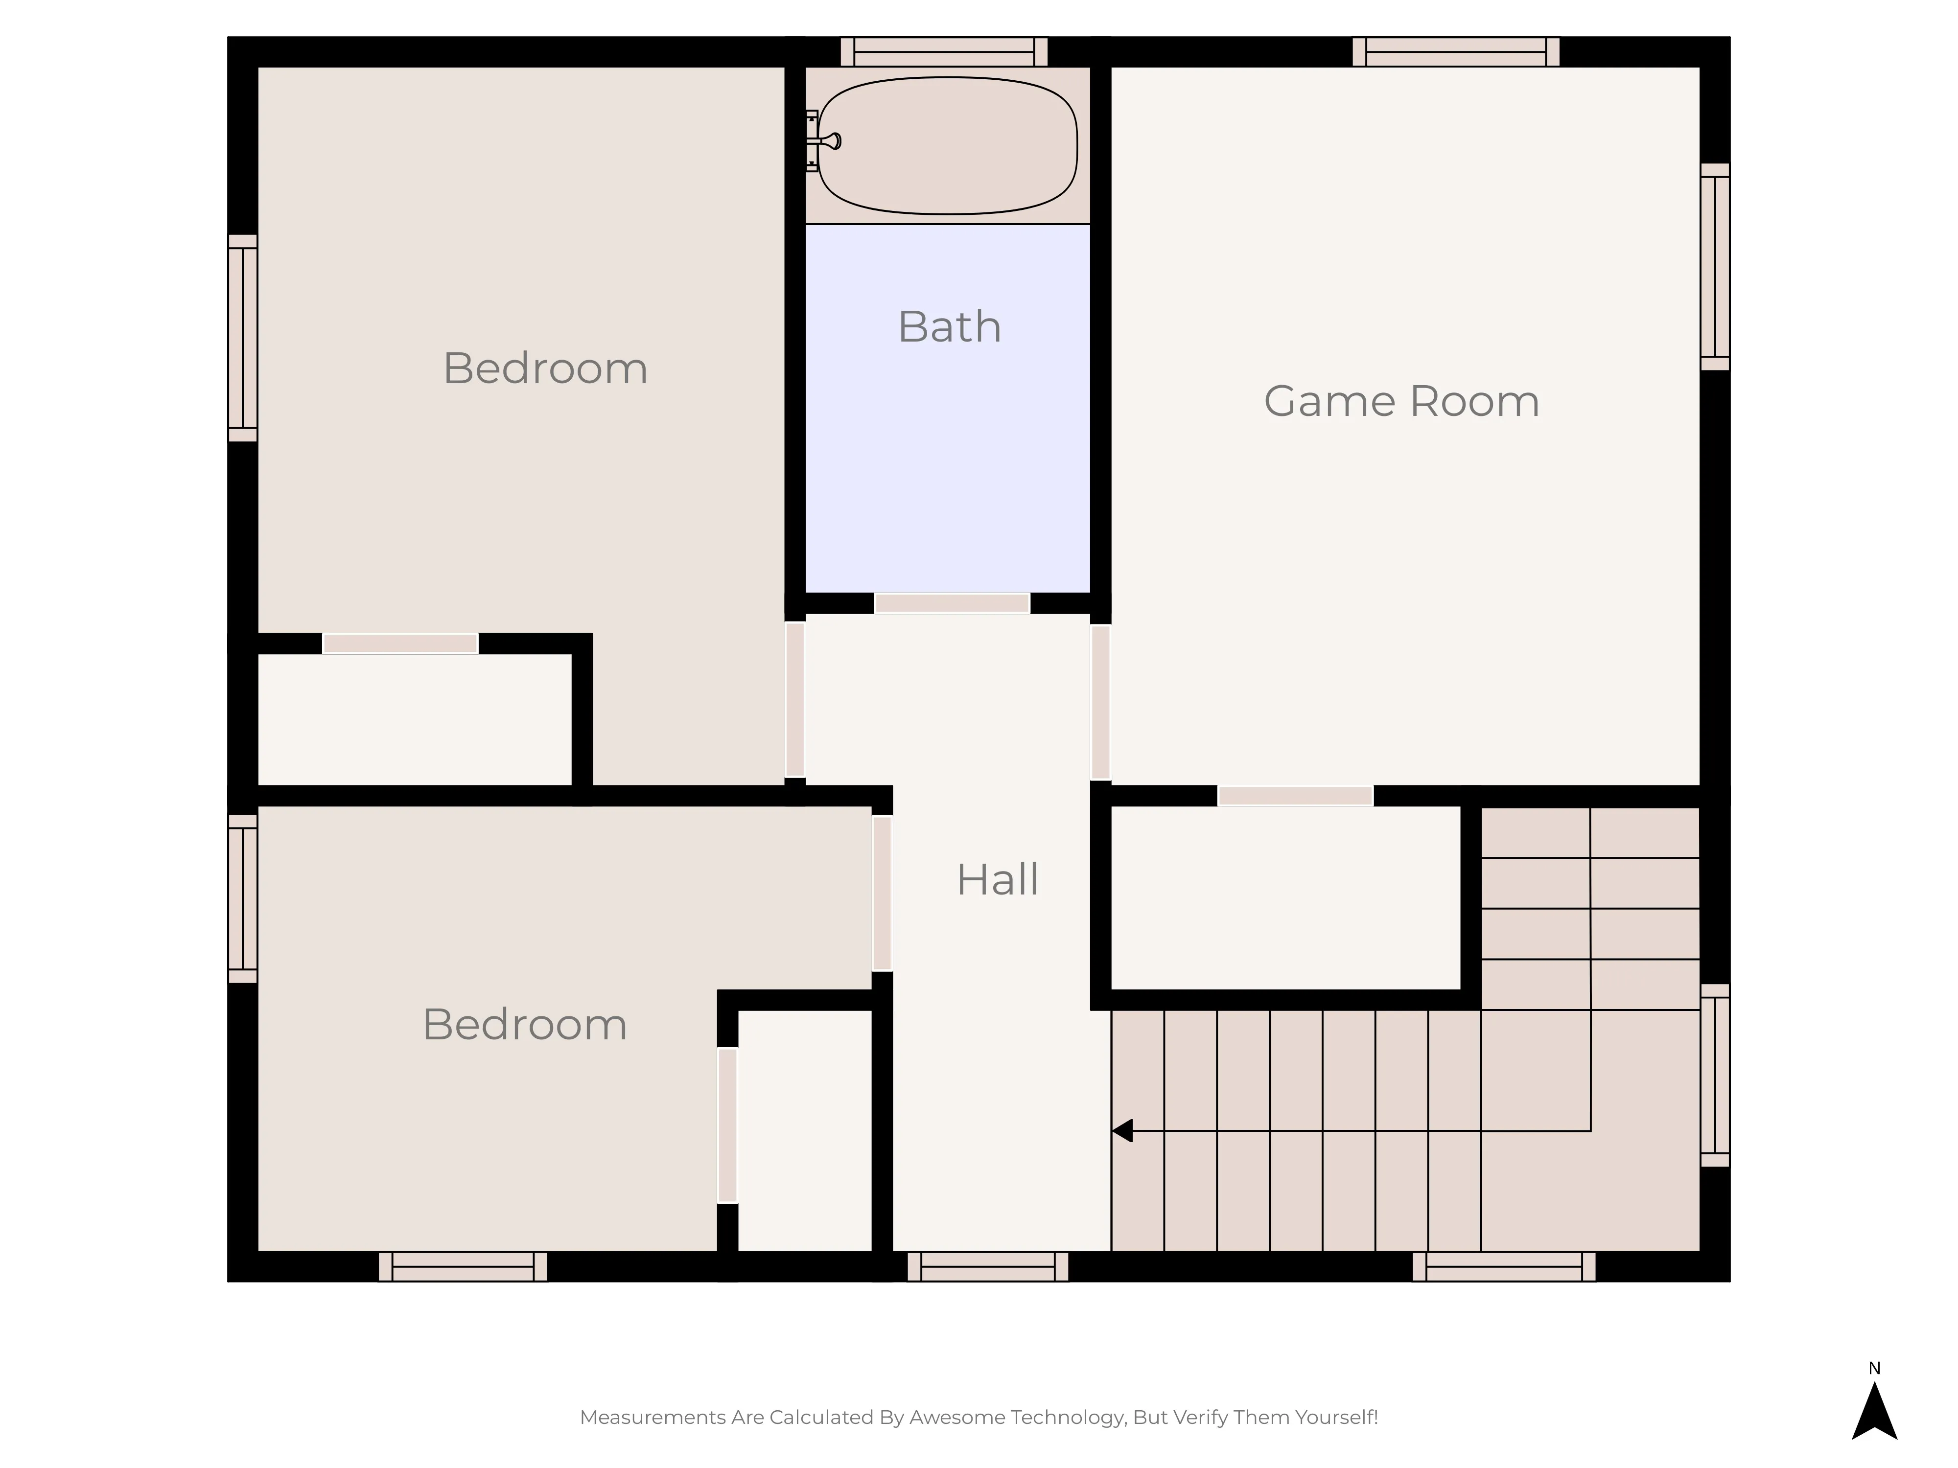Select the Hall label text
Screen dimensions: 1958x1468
(x=998, y=879)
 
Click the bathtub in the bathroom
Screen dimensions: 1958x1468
(x=947, y=145)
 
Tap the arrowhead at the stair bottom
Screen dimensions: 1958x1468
(x=1122, y=1131)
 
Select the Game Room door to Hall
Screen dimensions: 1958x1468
(x=1100, y=703)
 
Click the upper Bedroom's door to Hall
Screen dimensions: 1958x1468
(x=795, y=699)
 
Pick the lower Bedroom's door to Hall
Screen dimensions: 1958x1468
(x=883, y=893)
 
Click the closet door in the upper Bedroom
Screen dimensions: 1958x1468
(x=400, y=643)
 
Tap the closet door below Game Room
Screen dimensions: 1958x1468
(x=1295, y=796)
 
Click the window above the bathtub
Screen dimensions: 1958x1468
(x=944, y=51)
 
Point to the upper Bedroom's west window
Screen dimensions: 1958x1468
(x=242, y=338)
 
